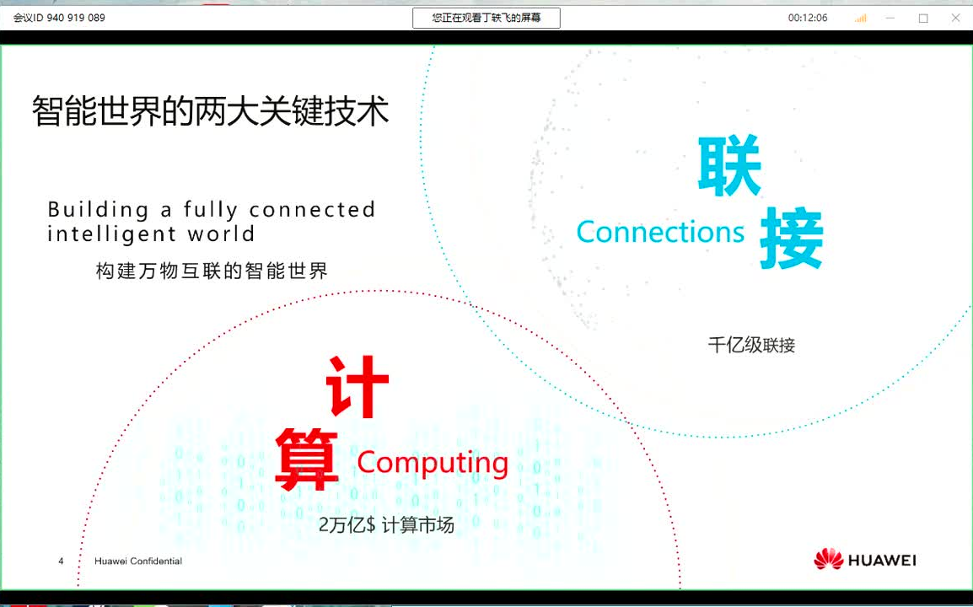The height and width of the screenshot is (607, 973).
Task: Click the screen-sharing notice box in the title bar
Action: (486, 18)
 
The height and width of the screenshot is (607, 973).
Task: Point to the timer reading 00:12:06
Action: (808, 18)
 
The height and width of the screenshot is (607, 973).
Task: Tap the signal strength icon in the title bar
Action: (860, 18)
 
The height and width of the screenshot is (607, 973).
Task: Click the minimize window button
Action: (890, 18)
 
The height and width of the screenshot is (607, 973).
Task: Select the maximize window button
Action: (923, 18)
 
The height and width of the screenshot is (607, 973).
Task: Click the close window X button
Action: (955, 18)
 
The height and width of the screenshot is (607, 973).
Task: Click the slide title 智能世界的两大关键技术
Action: (211, 110)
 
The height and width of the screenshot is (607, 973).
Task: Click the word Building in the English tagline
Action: (98, 209)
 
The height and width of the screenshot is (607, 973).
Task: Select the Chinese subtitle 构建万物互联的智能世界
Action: (212, 271)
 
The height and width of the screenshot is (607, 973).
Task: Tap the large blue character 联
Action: (729, 166)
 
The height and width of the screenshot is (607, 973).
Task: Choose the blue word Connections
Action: (660, 232)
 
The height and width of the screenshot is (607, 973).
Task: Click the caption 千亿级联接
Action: (751, 345)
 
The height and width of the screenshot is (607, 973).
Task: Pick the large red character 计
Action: (357, 387)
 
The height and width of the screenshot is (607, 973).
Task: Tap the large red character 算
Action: (307, 459)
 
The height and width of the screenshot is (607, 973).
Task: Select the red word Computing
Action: (433, 462)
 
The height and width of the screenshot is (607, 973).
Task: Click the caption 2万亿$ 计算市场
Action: (386, 525)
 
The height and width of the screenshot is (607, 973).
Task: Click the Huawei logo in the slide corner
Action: (864, 560)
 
